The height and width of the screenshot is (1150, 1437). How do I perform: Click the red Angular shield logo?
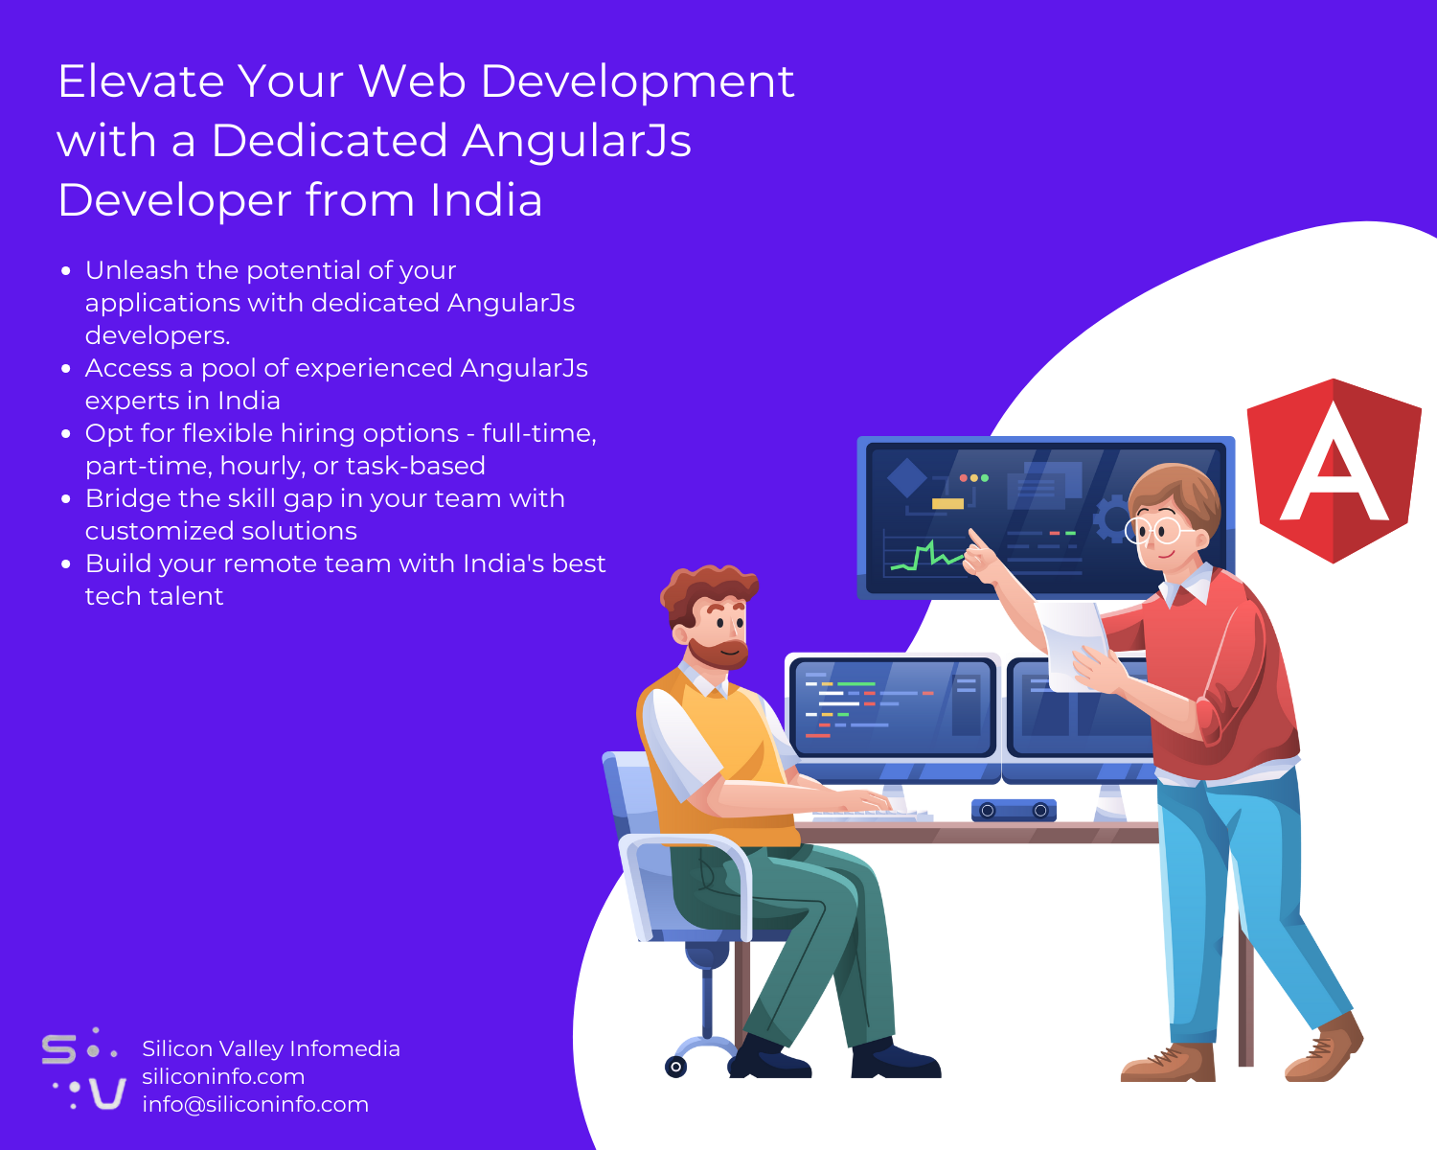click(x=1333, y=470)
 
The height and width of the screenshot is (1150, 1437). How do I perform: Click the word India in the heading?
click(x=486, y=200)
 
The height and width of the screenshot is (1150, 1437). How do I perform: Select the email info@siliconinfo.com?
click(x=255, y=1104)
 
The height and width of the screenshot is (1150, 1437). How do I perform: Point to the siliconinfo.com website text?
click(x=223, y=1076)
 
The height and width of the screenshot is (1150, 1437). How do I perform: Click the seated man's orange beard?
click(x=720, y=654)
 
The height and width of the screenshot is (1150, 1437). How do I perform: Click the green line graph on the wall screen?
click(x=926, y=557)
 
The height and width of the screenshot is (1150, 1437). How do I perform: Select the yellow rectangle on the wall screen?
click(x=947, y=504)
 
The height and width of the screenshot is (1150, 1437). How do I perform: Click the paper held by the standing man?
click(x=1073, y=642)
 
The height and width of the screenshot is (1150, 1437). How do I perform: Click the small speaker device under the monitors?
click(x=1014, y=811)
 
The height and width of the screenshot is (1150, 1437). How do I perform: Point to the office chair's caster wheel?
click(x=676, y=1066)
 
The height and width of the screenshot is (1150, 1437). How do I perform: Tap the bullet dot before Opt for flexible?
click(x=66, y=434)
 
